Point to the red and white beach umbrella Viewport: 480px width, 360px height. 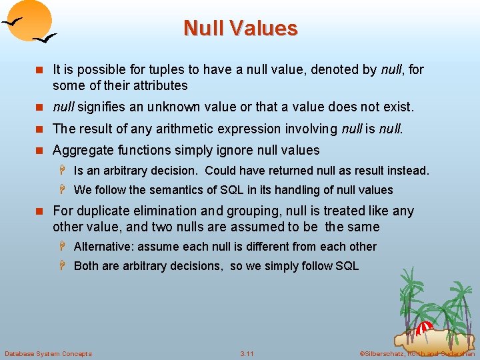pos(425,328)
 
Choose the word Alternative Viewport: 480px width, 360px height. pos(103,247)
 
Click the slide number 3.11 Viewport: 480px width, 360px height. pos(247,353)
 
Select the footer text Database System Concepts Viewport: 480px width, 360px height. pos(48,353)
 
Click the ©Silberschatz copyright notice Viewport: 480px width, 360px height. pos(417,353)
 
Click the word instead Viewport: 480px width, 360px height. pos(408,171)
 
